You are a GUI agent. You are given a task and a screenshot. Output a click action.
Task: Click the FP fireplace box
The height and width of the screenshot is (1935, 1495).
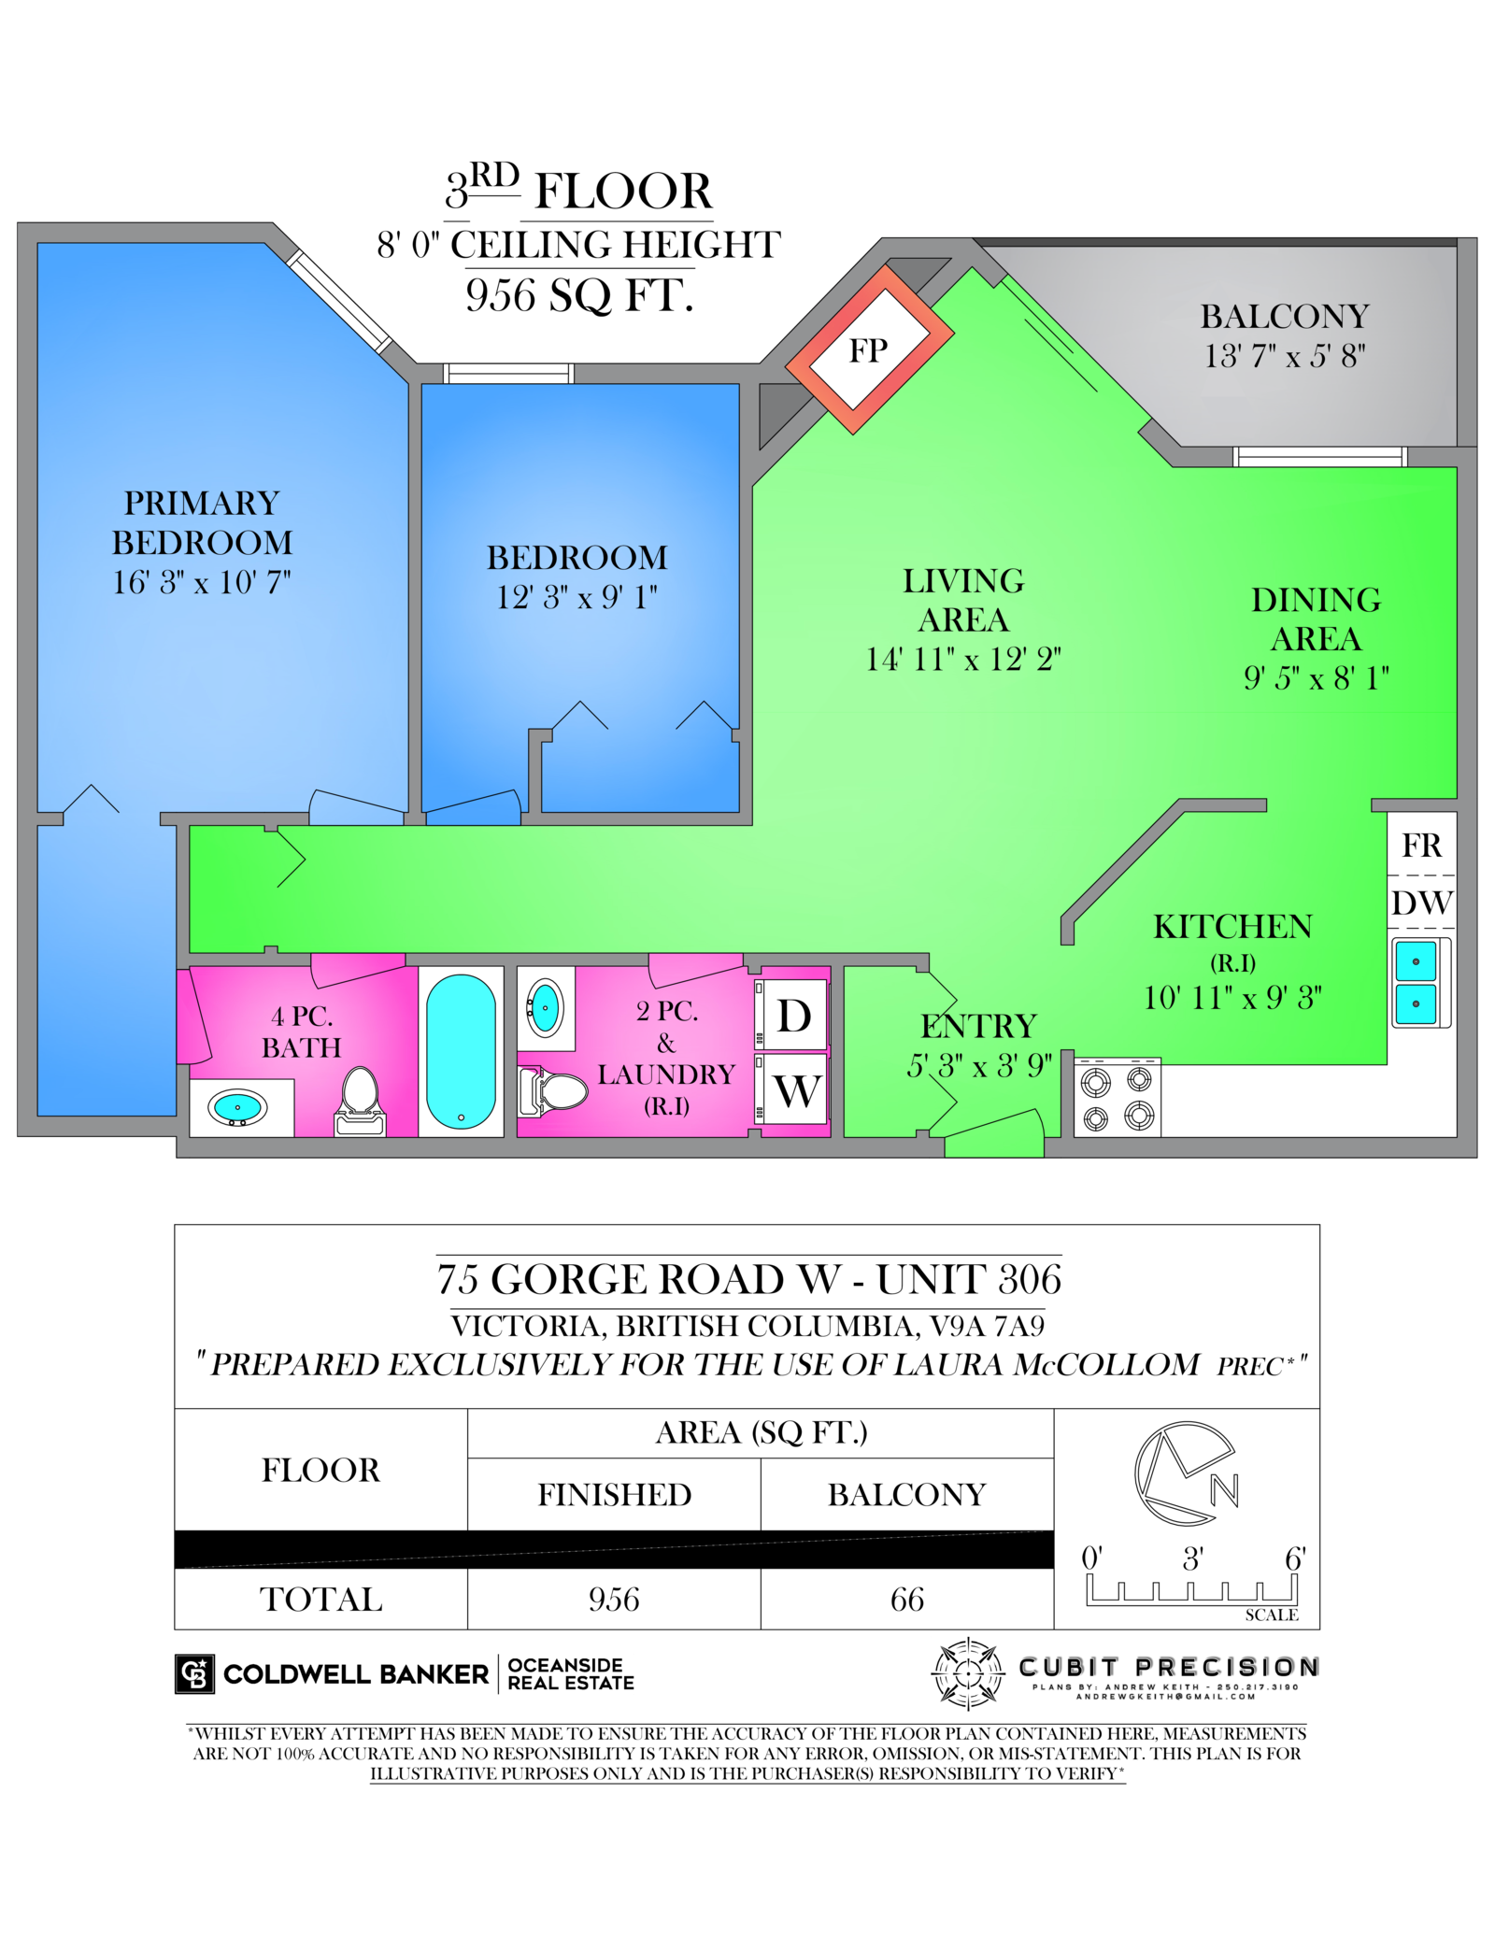[869, 349]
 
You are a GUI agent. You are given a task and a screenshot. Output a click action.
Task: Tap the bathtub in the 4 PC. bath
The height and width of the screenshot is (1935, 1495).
[461, 1051]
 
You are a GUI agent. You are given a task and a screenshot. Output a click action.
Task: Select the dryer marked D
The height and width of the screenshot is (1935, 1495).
[793, 1015]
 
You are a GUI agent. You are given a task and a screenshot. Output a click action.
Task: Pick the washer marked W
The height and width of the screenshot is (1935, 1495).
[795, 1089]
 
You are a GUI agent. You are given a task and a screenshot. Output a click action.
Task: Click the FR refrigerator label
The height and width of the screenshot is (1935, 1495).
[1421, 846]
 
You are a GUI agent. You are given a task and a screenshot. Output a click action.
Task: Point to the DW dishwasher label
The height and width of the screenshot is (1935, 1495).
[1421, 903]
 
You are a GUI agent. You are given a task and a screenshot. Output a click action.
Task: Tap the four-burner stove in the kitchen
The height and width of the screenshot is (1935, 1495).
[1117, 1098]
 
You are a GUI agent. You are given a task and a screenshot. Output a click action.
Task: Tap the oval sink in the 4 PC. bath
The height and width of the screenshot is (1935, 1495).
[237, 1108]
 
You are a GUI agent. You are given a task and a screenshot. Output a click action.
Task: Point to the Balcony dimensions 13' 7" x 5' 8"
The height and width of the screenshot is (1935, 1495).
[1285, 356]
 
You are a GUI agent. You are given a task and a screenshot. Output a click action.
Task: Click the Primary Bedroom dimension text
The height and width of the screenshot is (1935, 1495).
[202, 582]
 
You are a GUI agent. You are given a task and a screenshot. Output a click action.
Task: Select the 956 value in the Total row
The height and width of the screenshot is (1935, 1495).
[614, 1600]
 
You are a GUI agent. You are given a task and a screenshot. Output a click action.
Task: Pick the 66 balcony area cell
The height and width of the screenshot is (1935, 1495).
[906, 1600]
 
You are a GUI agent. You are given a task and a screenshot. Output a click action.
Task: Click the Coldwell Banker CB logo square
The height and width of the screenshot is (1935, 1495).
[194, 1674]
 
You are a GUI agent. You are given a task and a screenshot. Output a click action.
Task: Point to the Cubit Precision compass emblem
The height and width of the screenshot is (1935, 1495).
[969, 1673]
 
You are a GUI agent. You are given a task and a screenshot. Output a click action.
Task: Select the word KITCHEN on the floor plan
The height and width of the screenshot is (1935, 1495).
[1232, 927]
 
